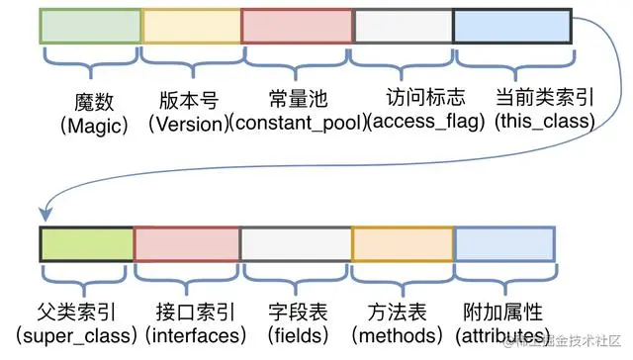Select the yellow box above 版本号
(191, 26)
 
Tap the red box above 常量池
(297, 26)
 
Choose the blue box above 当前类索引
(511, 26)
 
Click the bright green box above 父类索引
(86, 243)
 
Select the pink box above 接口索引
(187, 243)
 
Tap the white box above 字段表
(296, 243)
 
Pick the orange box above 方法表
(402, 243)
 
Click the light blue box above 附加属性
(505, 243)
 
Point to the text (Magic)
(89, 125)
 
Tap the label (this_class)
(545, 124)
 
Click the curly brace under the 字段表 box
(296, 273)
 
